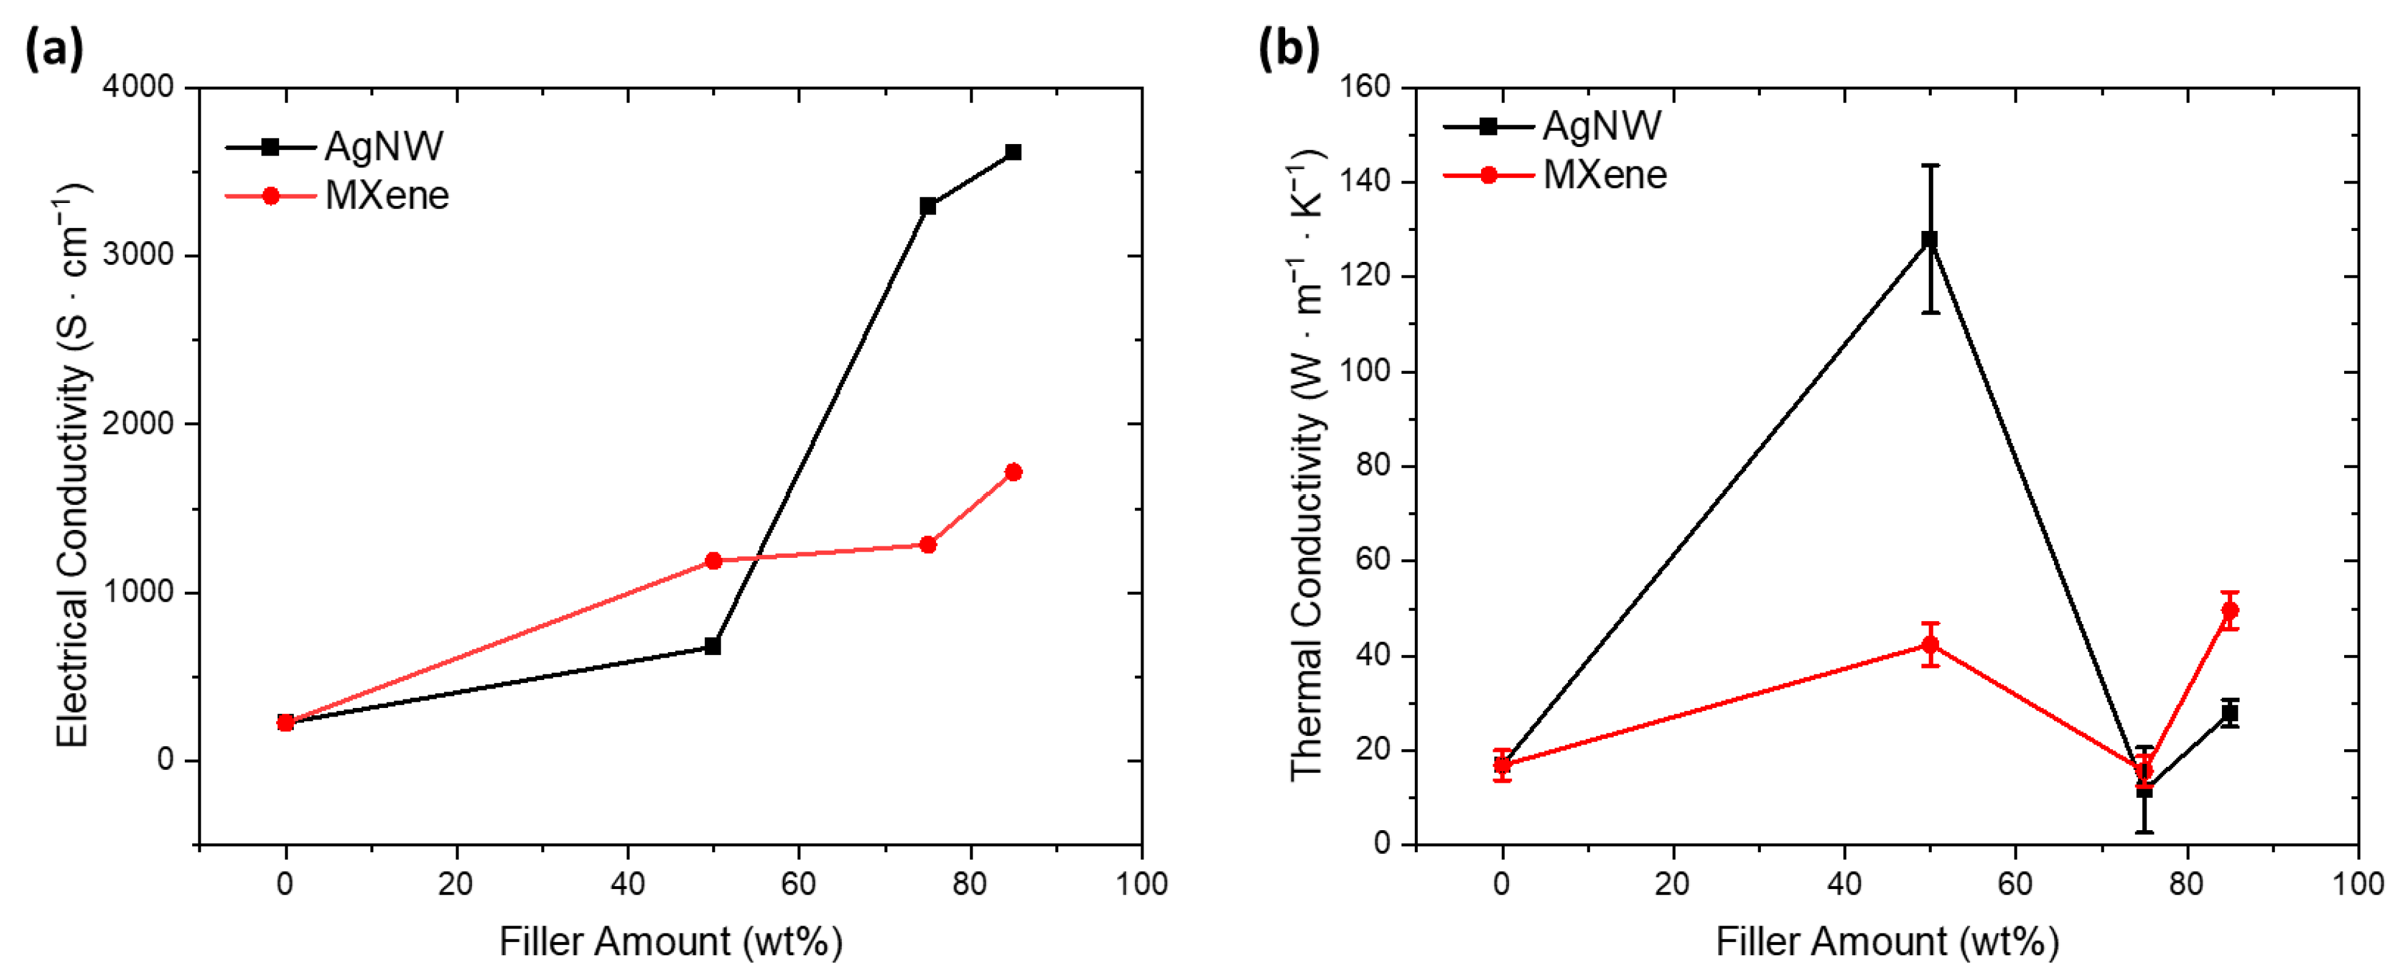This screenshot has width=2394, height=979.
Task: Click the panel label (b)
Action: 1288,48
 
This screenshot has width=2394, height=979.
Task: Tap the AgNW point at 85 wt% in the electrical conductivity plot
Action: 1013,153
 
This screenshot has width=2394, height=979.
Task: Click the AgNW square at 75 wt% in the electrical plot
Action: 928,206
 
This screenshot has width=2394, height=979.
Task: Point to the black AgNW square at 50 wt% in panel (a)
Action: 713,647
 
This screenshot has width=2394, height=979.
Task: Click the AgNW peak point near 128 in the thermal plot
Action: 1929,239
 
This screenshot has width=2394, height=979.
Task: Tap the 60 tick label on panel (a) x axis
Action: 799,884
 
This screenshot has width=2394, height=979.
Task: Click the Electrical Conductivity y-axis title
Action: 72,464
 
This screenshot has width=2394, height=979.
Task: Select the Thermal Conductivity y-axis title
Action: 1306,464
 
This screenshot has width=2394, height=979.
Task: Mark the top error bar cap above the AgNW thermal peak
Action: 1929,165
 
